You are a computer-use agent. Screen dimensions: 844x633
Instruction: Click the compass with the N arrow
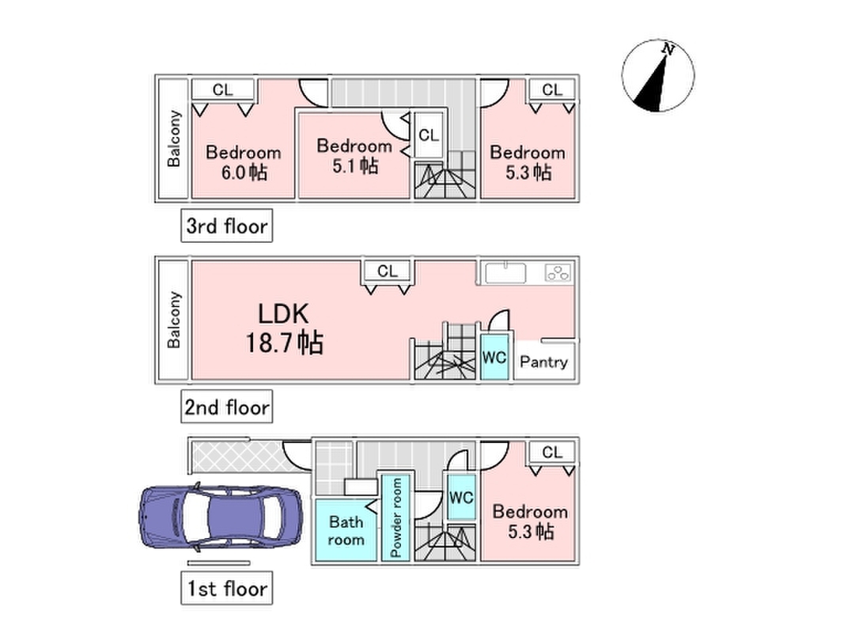[x=658, y=75]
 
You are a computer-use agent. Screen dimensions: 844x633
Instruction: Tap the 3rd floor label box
[x=226, y=226]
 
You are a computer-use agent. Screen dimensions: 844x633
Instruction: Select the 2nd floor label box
[x=226, y=407]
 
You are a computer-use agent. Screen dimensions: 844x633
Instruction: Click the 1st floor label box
[x=226, y=588]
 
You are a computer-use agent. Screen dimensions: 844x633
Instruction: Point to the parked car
[x=221, y=517]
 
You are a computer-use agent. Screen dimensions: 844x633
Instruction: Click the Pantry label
[x=543, y=362]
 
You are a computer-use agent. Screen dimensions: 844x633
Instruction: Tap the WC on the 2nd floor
[x=494, y=358]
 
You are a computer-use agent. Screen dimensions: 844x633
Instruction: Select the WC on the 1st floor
[x=461, y=498]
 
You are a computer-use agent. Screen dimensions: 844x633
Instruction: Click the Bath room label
[x=346, y=531]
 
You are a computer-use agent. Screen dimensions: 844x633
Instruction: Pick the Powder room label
[x=396, y=517]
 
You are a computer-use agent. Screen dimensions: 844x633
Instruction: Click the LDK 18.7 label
[x=284, y=328]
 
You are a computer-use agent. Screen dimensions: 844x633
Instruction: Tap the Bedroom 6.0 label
[x=244, y=162]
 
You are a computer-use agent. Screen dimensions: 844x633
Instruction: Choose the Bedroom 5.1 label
[x=354, y=156]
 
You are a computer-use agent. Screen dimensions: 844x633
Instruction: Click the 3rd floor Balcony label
[x=173, y=138]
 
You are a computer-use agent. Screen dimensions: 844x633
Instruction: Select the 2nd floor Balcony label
[x=173, y=320]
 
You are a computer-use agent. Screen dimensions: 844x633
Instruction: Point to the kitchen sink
[x=505, y=272]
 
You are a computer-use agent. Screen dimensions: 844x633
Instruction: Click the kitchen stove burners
[x=558, y=273]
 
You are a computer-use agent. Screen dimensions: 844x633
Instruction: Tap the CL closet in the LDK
[x=388, y=271]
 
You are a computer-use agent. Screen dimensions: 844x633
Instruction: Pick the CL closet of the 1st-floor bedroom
[x=552, y=452]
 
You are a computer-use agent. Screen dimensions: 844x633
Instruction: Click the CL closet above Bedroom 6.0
[x=223, y=89]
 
